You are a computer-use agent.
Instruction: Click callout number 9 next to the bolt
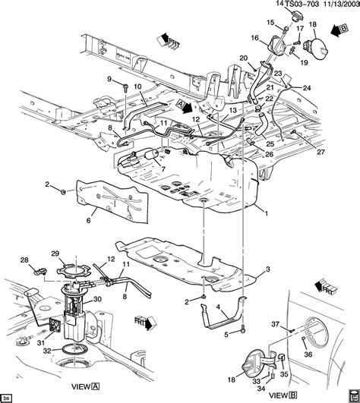109,79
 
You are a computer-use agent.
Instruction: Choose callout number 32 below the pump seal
48,351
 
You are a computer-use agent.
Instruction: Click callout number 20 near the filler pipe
244,58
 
